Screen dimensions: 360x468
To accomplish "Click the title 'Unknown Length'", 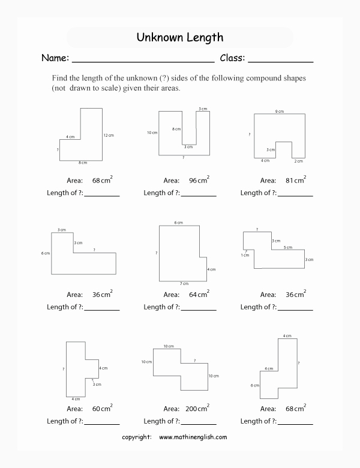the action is pyautogui.click(x=180, y=38).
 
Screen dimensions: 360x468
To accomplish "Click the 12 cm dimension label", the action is pyautogui.click(x=108, y=135).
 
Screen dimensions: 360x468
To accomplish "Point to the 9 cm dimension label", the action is pyautogui.click(x=279, y=111).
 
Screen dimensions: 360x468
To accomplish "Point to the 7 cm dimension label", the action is pyautogui.click(x=184, y=283).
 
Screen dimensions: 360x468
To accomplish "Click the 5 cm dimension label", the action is pyautogui.click(x=288, y=247).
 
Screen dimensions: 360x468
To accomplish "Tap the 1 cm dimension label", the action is pyautogui.click(x=245, y=255).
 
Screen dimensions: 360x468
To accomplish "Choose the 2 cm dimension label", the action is pyautogui.click(x=298, y=161).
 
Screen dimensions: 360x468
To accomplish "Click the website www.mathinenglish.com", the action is pyautogui.click(x=193, y=437).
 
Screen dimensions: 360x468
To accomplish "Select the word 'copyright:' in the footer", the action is pyautogui.click(x=136, y=437).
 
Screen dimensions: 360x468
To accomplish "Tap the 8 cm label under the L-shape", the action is pyautogui.click(x=83, y=163).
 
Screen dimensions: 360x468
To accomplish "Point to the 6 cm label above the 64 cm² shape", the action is pyautogui.click(x=178, y=223).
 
